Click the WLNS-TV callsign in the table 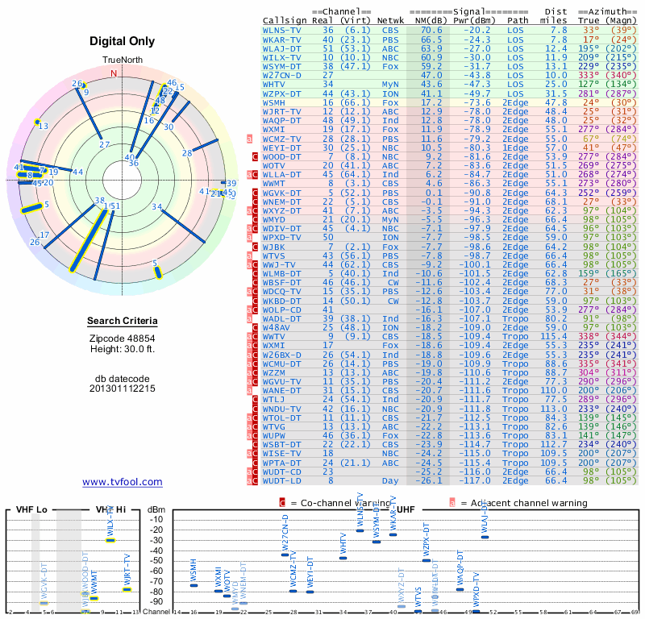coord(282,31)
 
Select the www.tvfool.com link coord(123,482)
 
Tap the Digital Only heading coord(123,40)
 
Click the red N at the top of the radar coord(114,73)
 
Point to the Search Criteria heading coord(123,322)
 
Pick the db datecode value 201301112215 coord(123,388)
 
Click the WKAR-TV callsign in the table coord(282,39)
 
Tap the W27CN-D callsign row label coord(282,75)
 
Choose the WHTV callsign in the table coord(274,84)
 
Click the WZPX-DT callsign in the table coord(282,93)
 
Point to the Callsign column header coord(285,20)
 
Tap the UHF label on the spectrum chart coord(406,510)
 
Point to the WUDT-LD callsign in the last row coord(282,481)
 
